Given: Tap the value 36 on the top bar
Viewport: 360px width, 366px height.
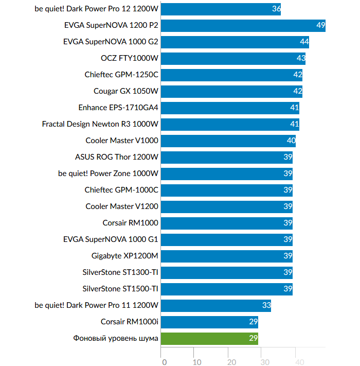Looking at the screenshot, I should click(x=276, y=9).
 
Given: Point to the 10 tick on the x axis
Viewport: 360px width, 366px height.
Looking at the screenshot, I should click(x=197, y=361).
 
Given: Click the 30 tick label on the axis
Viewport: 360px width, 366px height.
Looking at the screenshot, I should click(x=265, y=361).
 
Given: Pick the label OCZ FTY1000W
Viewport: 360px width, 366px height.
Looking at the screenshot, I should click(x=130, y=58).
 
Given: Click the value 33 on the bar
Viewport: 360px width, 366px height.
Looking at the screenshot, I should click(x=266, y=305).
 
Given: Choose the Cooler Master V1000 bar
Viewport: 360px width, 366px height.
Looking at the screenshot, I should click(x=228, y=141).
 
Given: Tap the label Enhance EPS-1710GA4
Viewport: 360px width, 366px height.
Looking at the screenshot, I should click(x=118, y=108).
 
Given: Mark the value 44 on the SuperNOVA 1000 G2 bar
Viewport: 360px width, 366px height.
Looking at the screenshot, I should click(x=304, y=42).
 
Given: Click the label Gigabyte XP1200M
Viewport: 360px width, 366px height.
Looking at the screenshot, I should click(x=125, y=256).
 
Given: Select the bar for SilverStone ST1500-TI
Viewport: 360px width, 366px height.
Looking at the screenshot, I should click(x=226, y=289).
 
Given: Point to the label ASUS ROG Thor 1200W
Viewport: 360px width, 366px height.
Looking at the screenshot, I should click(x=117, y=157).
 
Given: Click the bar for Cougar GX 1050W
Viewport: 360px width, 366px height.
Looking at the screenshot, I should click(x=231, y=91).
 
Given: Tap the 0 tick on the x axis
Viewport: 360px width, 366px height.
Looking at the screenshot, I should click(x=164, y=361).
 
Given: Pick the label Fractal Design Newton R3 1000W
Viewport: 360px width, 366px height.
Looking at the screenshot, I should click(x=100, y=124).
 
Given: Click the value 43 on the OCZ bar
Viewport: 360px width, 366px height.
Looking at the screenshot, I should click(x=301, y=58).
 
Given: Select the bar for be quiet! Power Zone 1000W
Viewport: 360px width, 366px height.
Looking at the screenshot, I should click(x=226, y=173).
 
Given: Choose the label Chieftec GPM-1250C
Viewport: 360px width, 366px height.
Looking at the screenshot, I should click(x=121, y=75).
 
